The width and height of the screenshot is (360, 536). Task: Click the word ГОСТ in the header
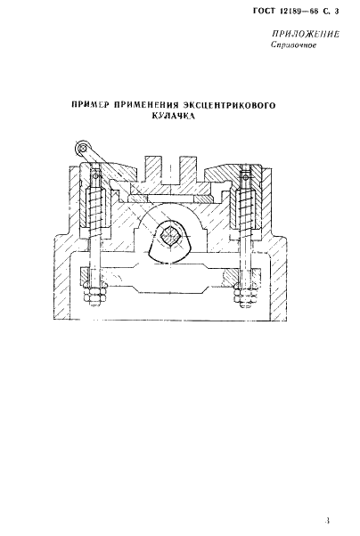tap(264, 11)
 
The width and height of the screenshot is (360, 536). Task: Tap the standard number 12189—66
tap(299, 11)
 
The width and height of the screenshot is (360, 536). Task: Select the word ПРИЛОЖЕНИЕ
tap(306, 34)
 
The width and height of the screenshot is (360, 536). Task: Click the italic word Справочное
tap(293, 45)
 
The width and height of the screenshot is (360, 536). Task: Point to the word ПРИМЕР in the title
tap(91, 104)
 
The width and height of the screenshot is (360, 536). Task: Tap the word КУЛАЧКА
tap(173, 116)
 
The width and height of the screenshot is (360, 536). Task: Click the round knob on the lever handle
tap(82, 148)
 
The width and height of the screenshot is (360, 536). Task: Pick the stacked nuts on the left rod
tap(94, 295)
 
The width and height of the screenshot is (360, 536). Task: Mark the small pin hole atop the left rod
tap(96, 176)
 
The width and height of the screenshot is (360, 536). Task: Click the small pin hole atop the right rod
tap(245, 176)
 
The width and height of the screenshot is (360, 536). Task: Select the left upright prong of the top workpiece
tap(152, 170)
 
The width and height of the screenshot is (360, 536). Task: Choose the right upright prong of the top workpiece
tap(188, 170)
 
